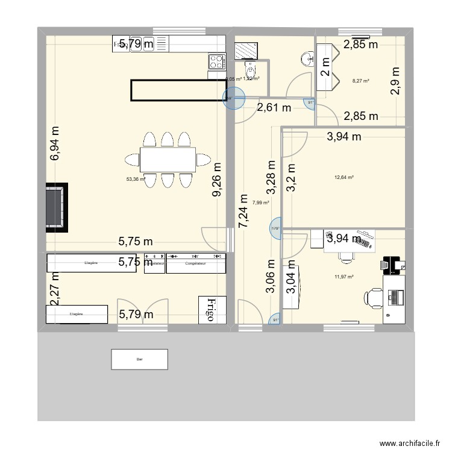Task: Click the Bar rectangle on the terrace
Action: [140, 359]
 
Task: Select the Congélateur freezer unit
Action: [196, 263]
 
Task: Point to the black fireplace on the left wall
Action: [58, 207]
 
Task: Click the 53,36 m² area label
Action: [136, 179]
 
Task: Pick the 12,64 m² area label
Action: [344, 177]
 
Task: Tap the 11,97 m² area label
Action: [344, 277]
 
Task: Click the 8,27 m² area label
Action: [360, 80]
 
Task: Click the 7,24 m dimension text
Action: [243, 210]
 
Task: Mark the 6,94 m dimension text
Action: [55, 143]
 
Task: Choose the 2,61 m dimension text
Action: [274, 108]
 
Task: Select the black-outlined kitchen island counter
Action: [175, 90]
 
